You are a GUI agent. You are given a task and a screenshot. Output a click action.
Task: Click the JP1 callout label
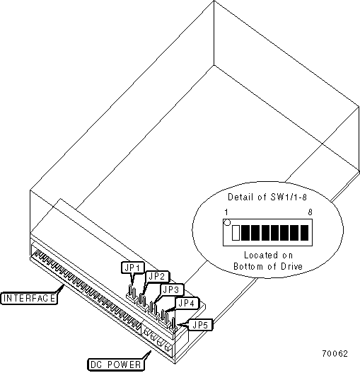(x=133, y=268)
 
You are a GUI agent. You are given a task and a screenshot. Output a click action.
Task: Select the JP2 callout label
(x=157, y=277)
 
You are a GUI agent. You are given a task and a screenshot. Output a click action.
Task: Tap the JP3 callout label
(x=172, y=289)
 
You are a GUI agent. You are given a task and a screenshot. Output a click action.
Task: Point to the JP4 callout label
(x=187, y=303)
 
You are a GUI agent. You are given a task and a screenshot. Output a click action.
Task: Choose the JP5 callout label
(x=200, y=325)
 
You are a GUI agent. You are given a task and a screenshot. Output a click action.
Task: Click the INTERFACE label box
(x=29, y=298)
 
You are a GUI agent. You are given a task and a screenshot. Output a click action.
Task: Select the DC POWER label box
(x=116, y=365)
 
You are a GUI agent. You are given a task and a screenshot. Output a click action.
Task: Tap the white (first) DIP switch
(x=236, y=233)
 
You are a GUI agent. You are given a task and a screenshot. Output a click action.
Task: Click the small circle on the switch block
(x=228, y=223)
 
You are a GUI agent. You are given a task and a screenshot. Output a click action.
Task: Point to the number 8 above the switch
(x=310, y=212)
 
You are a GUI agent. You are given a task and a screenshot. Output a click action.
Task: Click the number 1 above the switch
(x=226, y=212)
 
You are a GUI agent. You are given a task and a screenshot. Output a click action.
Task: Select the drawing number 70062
(x=335, y=354)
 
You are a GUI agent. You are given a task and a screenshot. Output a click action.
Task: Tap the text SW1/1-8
(x=289, y=197)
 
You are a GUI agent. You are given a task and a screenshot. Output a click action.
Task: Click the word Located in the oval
(x=261, y=256)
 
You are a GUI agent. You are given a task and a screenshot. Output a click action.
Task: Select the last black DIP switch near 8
(x=305, y=233)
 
